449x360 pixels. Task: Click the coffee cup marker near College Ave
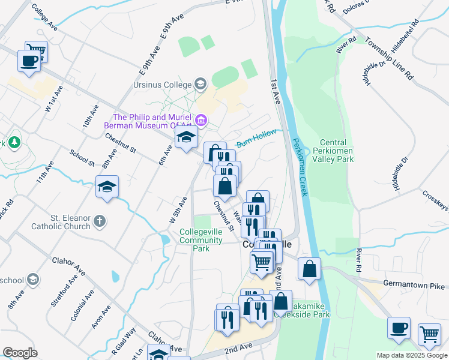tap(29, 61)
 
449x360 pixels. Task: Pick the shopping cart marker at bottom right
tap(429, 334)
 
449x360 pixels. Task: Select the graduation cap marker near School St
tap(107, 187)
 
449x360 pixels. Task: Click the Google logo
tap(20, 353)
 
